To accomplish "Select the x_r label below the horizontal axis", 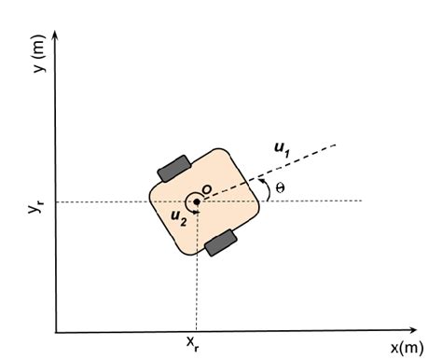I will (192, 345).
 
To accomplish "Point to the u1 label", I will (283, 148).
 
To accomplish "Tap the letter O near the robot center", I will (207, 190).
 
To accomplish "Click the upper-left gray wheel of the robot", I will (174, 168).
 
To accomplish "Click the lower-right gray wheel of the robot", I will (221, 242).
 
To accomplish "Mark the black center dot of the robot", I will (197, 201).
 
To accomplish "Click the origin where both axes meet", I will (58, 331).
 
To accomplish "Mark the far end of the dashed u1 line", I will (335, 145).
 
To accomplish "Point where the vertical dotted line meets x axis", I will (197, 331).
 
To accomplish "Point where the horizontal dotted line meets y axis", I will (58, 201).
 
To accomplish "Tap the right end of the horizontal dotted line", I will (362, 201).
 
